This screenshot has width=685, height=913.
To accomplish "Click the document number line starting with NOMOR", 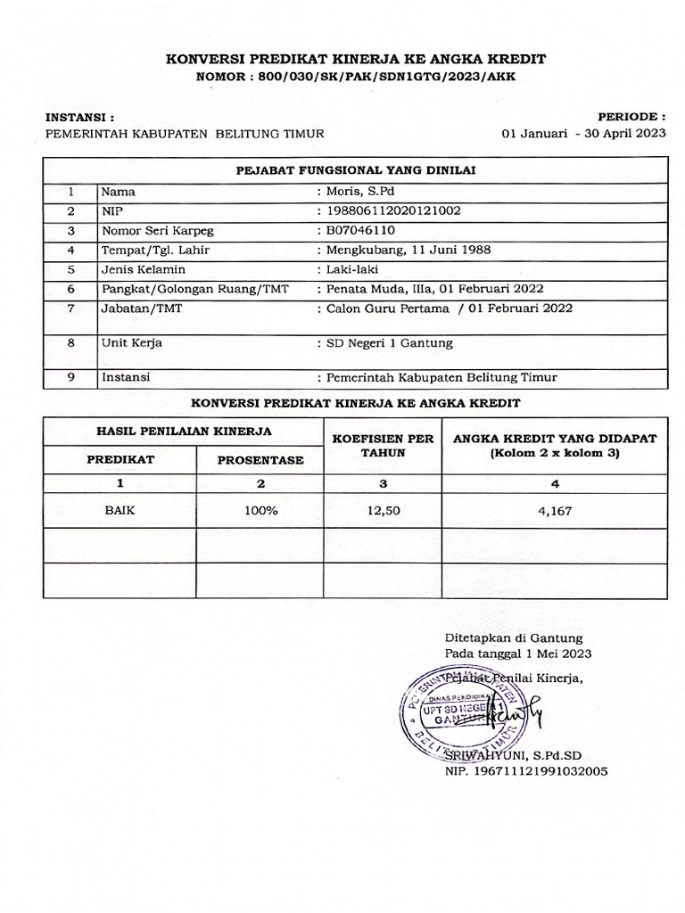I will [x=355, y=76].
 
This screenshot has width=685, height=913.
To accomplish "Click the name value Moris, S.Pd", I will [x=357, y=191].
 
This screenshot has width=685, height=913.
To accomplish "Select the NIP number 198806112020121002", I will [x=393, y=210].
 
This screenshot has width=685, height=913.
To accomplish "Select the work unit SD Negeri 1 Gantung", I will [x=390, y=342].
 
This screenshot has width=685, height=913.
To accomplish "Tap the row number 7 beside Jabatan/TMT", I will [x=70, y=308].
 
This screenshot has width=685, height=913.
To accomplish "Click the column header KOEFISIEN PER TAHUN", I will [x=383, y=445].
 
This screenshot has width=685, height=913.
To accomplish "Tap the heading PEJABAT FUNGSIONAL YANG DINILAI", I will [x=355, y=169].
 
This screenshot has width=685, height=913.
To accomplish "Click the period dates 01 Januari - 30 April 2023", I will [x=584, y=134].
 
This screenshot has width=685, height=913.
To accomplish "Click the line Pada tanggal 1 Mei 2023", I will [x=517, y=654].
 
